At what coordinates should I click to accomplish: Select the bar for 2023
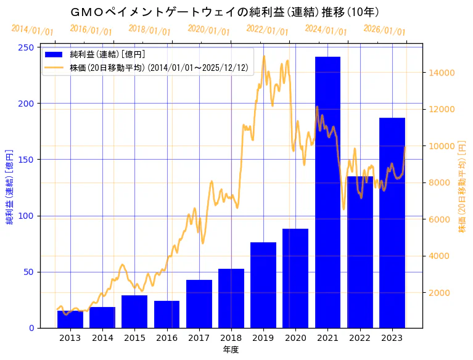pos(392,223)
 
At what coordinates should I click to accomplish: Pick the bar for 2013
pos(70,319)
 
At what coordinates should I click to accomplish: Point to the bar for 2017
pos(199,304)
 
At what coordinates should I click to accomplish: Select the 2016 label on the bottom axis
pos(167,338)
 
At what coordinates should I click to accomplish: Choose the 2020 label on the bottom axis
pos(295,338)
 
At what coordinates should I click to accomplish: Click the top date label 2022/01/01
pos(267,30)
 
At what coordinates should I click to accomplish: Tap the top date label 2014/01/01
pos(32,30)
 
